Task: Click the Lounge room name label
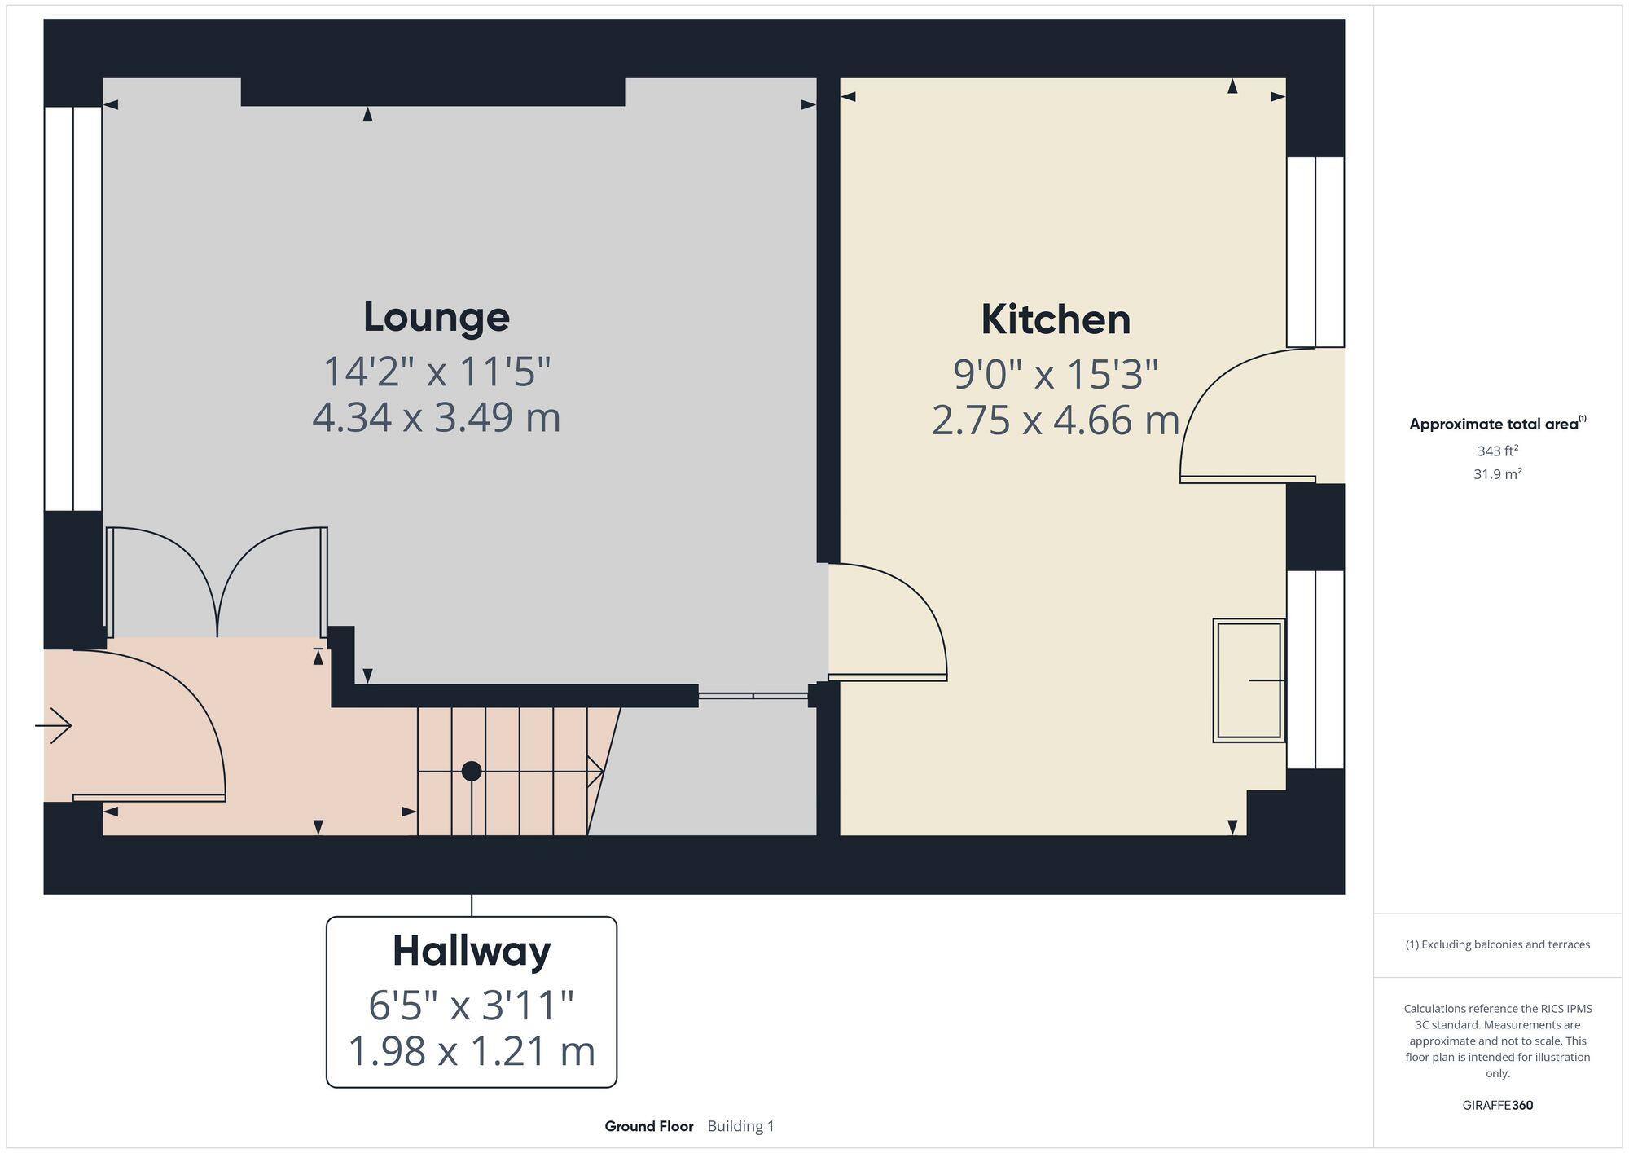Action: pyautogui.click(x=437, y=317)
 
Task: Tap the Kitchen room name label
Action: pyautogui.click(x=1056, y=319)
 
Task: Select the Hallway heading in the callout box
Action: pyautogui.click(x=472, y=951)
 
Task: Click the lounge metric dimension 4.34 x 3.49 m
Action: pyautogui.click(x=437, y=418)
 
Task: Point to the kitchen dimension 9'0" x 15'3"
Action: pyautogui.click(x=1056, y=375)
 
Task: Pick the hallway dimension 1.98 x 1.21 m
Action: pyautogui.click(x=472, y=1051)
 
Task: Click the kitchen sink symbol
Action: pyautogui.click(x=1249, y=680)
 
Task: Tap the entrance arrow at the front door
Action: pyautogui.click(x=55, y=725)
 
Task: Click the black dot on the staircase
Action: pyautogui.click(x=472, y=771)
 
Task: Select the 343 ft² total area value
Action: pyautogui.click(x=1497, y=451)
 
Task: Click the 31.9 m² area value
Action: pyautogui.click(x=1497, y=473)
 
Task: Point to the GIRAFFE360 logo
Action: pyautogui.click(x=1497, y=1106)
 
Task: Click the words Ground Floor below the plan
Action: pyautogui.click(x=649, y=1126)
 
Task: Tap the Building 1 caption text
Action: pyautogui.click(x=740, y=1126)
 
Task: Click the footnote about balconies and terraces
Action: pyautogui.click(x=1497, y=944)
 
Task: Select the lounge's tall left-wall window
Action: pyautogui.click(x=73, y=308)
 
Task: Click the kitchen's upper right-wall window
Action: pyautogui.click(x=1315, y=252)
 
